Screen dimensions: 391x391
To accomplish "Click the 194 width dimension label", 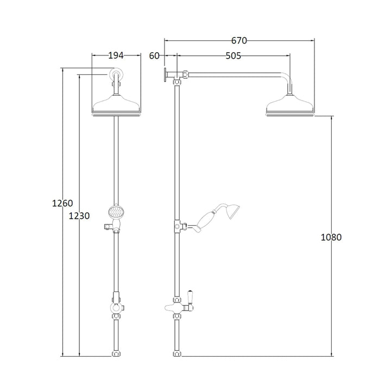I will click(x=116, y=55).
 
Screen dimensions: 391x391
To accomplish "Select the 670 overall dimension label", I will click(x=239, y=40).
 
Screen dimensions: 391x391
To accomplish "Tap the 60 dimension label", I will click(x=154, y=55).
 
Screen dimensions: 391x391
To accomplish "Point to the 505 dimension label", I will click(x=234, y=55).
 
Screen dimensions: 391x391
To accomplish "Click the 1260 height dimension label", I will click(x=62, y=204).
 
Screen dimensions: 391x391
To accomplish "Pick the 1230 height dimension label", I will click(x=80, y=216).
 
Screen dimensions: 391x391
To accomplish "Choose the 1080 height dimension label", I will click(x=331, y=237).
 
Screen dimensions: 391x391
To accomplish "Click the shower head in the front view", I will click(x=117, y=105).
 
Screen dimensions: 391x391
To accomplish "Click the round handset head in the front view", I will click(x=116, y=210).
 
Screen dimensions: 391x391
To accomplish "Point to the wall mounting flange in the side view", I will click(x=164, y=75).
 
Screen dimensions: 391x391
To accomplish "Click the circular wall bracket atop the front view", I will click(x=116, y=74).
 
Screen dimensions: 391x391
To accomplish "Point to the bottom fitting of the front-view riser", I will click(x=116, y=354).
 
